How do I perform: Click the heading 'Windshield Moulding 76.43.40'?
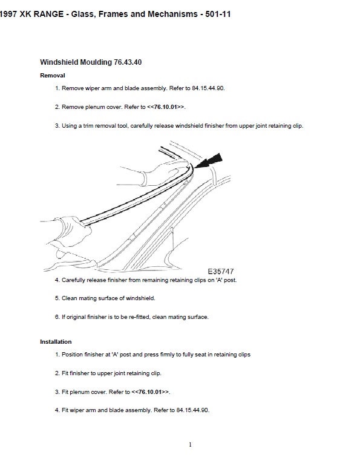click(91, 62)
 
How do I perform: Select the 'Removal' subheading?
click(53, 76)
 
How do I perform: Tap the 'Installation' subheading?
click(56, 341)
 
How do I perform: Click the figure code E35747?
click(221, 271)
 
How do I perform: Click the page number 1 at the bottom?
click(190, 444)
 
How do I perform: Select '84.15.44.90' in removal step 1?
click(208, 88)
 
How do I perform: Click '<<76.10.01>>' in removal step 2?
click(166, 107)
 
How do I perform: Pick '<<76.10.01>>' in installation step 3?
click(151, 392)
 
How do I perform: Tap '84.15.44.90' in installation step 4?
click(192, 410)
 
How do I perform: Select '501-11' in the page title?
click(218, 14)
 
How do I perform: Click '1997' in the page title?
click(7, 14)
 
